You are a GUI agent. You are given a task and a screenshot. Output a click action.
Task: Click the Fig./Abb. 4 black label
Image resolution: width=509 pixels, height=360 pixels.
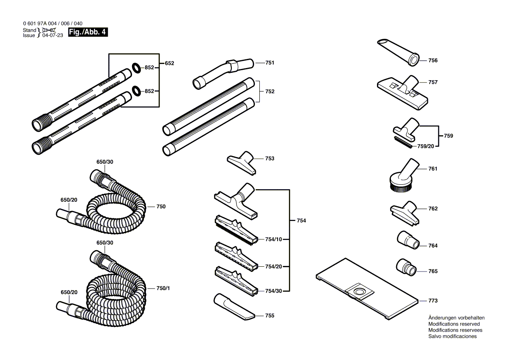88,32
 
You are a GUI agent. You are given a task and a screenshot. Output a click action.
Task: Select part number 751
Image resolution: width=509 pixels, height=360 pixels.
270,63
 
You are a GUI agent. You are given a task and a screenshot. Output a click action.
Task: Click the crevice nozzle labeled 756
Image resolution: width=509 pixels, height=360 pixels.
397,51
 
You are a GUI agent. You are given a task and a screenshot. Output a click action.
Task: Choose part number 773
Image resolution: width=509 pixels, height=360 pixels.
433,301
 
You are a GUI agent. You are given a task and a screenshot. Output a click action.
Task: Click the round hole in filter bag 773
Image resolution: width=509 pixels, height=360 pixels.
360,291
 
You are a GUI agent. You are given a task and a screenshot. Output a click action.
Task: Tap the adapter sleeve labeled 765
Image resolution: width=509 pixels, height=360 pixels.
406,267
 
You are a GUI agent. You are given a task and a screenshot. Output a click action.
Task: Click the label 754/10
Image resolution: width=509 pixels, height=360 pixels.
273,239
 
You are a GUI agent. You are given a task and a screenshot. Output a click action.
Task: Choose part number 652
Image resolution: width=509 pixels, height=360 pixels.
170,63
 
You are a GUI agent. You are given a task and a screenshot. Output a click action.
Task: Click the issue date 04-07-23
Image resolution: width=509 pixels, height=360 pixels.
53,35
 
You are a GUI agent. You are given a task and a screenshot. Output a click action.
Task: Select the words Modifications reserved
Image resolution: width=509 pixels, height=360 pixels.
454,324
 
